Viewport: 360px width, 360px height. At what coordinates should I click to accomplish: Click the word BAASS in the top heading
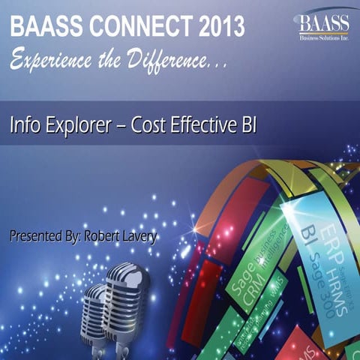click(44, 28)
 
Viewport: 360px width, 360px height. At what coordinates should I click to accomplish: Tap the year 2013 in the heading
click(217, 28)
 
